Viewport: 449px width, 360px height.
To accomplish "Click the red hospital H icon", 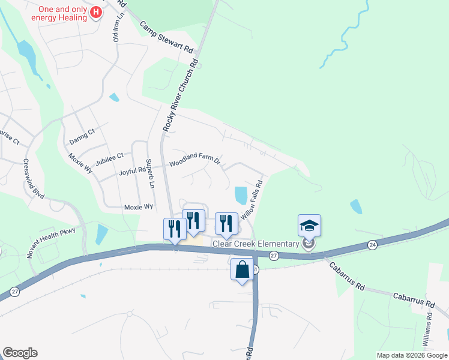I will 95,13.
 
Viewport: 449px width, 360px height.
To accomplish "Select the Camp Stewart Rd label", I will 167,37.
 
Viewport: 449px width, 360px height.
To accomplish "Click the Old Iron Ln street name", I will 117,27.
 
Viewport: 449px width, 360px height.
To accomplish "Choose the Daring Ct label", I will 82,132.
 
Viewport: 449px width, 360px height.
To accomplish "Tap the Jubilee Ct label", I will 109,156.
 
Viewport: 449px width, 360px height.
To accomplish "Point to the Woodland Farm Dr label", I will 195,161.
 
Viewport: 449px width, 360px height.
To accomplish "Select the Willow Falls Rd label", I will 252,203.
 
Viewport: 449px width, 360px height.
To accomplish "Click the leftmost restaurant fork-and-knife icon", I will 175,229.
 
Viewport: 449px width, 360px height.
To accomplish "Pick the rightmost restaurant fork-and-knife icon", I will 226,223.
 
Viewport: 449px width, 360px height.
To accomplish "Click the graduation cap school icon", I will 309,226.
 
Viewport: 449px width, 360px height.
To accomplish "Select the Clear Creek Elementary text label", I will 256,244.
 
